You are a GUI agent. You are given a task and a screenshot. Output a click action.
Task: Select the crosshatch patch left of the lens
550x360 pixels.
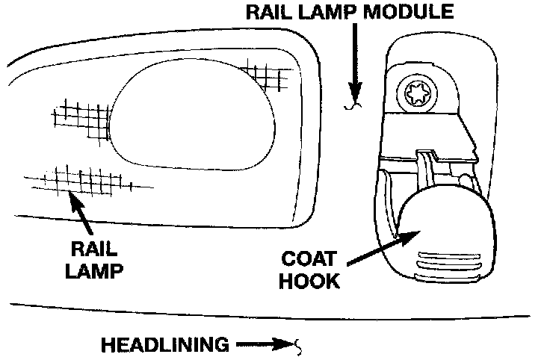point(80,119)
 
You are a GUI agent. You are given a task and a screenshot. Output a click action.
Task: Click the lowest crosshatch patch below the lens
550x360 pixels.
point(82,179)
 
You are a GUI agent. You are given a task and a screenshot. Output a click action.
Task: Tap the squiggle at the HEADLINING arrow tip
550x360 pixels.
point(298,346)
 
